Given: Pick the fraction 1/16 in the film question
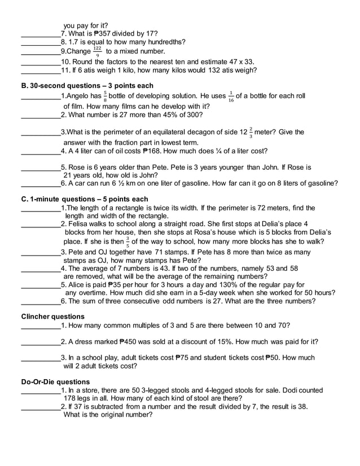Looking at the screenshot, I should pos(231,96).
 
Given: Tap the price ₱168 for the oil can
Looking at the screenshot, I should pos(153,151).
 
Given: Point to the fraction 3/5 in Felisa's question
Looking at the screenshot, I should pos(128,242).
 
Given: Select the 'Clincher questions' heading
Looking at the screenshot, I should pos(52,316).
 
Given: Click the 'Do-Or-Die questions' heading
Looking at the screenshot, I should pos(55,382).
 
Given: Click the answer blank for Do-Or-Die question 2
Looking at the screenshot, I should pos(40,408).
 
